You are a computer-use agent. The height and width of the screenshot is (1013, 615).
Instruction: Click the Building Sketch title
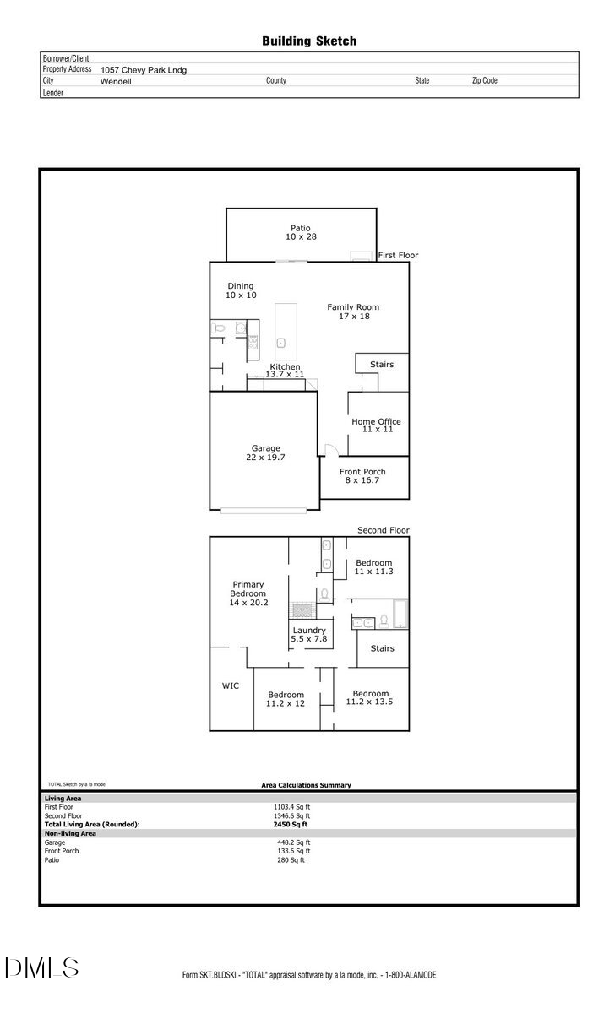click(x=309, y=41)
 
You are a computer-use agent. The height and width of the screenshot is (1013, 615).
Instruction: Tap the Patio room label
click(x=301, y=228)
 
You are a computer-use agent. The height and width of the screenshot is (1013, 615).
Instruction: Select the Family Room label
click(x=353, y=307)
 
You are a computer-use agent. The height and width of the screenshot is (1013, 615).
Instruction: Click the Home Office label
click(x=376, y=422)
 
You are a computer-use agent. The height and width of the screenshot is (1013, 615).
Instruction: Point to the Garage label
click(x=265, y=448)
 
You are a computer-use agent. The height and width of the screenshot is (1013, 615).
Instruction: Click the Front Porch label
click(x=362, y=472)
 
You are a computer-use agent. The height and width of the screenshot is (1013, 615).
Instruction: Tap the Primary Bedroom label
click(x=248, y=589)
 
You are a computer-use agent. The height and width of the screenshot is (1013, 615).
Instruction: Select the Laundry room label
click(x=309, y=631)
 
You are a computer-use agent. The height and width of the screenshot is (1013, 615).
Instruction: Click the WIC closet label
click(x=231, y=685)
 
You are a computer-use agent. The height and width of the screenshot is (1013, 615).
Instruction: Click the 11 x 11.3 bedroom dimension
click(x=373, y=572)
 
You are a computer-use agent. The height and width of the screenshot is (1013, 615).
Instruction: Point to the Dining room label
click(x=240, y=286)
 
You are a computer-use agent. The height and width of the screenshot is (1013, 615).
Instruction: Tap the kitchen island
click(x=286, y=331)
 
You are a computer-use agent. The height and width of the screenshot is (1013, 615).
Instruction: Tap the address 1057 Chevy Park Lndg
click(x=144, y=70)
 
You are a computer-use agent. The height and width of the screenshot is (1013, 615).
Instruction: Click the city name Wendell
click(x=115, y=82)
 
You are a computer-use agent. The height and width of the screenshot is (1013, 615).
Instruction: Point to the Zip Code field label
click(x=484, y=80)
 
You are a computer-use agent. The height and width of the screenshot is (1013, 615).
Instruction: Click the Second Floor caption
click(x=383, y=530)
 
